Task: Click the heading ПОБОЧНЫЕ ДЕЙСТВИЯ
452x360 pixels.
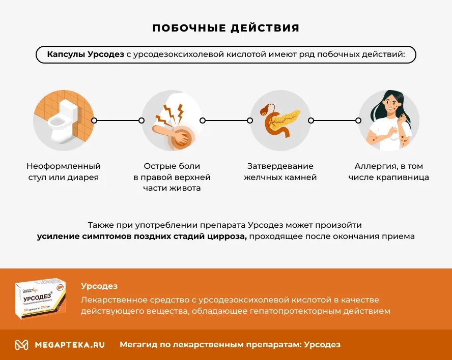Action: (226, 28)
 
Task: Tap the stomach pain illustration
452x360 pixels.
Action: (172, 121)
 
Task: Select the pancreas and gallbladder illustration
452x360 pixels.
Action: (280, 121)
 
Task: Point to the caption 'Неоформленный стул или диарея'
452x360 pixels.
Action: (64, 172)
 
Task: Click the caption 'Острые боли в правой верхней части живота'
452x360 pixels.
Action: (172, 177)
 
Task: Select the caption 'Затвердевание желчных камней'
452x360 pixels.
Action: (280, 172)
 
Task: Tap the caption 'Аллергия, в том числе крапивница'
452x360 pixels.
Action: (389, 172)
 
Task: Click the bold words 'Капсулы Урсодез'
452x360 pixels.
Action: (85, 54)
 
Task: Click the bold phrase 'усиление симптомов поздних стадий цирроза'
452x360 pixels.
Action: (142, 236)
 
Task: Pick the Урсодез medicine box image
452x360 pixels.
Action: (40, 298)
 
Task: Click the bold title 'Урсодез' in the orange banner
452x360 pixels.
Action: (99, 286)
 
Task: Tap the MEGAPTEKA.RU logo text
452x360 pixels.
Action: (70, 344)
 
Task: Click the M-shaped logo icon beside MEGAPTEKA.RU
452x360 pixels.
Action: (21, 344)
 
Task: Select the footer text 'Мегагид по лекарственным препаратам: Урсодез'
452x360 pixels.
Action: (230, 344)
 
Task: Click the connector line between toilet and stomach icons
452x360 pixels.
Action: (118, 121)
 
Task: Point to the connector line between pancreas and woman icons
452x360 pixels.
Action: (334, 121)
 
